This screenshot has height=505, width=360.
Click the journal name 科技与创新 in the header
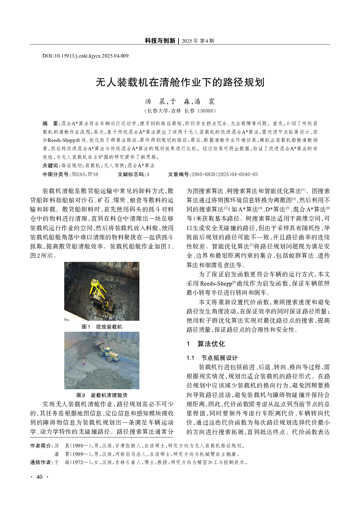point(160,41)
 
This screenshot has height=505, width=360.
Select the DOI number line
point(85,56)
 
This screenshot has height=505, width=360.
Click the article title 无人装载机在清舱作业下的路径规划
point(180,83)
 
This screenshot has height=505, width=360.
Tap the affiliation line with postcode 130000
point(180,111)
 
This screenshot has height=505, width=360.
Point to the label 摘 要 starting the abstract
point(51,124)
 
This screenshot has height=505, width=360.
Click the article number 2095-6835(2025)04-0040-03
point(224,174)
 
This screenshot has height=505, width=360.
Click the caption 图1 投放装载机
point(102,327)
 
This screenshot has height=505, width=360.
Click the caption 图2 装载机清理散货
point(102,395)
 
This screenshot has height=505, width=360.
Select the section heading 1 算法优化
point(206,344)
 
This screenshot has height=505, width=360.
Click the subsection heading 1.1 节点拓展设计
point(212,358)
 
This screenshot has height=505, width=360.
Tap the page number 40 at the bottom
point(39,477)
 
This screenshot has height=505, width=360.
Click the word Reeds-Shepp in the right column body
point(216,283)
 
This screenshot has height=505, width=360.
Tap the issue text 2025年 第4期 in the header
point(198,41)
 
